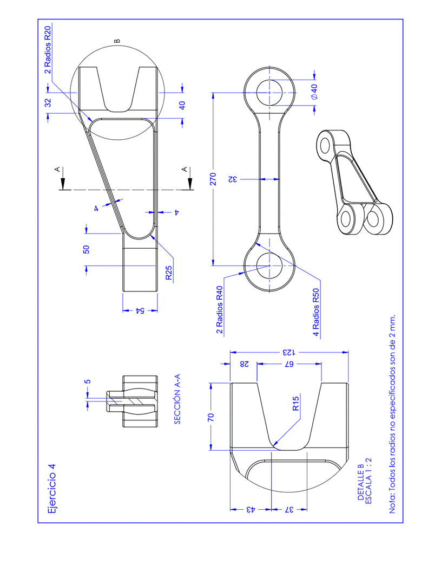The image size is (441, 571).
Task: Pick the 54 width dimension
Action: [139, 311]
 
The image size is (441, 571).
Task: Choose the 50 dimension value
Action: [86, 249]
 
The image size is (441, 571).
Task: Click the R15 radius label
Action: [295, 405]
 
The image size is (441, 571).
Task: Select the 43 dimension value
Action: [250, 510]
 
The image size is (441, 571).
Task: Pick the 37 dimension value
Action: [289, 510]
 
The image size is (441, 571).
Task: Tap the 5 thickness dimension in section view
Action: [88, 381]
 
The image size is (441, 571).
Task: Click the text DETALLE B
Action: [361, 483]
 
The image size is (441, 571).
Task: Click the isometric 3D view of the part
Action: [354, 181]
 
